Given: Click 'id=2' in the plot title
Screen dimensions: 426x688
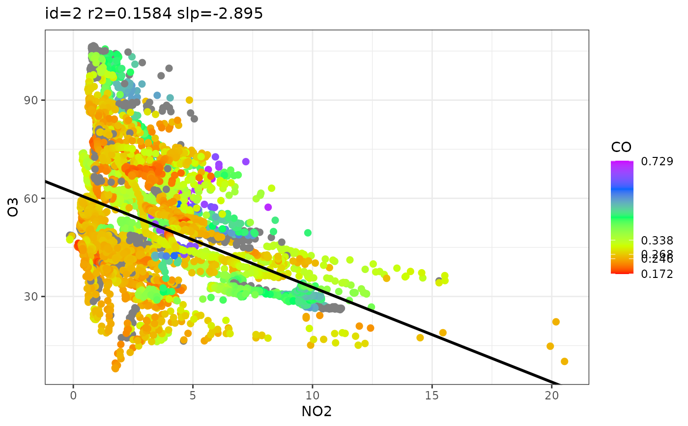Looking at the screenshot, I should [x=59, y=14].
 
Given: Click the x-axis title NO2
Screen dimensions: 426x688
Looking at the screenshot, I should [x=316, y=411].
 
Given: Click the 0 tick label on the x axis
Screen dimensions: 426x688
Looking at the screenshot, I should [x=73, y=395].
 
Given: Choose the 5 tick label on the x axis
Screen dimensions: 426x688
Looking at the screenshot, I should [x=193, y=395].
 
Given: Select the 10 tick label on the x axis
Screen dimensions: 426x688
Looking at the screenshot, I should [x=312, y=395].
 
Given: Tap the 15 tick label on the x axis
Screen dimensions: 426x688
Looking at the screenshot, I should [x=432, y=395].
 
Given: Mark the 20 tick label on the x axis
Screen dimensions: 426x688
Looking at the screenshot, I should [x=551, y=395].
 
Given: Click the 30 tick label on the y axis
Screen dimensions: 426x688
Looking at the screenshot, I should [x=33, y=297].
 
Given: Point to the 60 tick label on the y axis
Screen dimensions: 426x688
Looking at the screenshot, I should [x=33, y=198].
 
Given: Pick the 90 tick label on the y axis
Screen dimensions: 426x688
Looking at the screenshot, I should [x=33, y=100].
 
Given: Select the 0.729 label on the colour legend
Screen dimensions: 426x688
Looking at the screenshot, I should [x=657, y=161].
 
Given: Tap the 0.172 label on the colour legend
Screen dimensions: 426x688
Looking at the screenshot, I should [x=657, y=274].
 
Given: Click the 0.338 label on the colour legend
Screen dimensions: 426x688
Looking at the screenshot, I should [x=657, y=241].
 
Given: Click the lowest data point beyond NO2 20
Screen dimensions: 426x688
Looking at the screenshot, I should [x=564, y=362].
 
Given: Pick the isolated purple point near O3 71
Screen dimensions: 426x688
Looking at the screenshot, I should [x=246, y=161].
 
